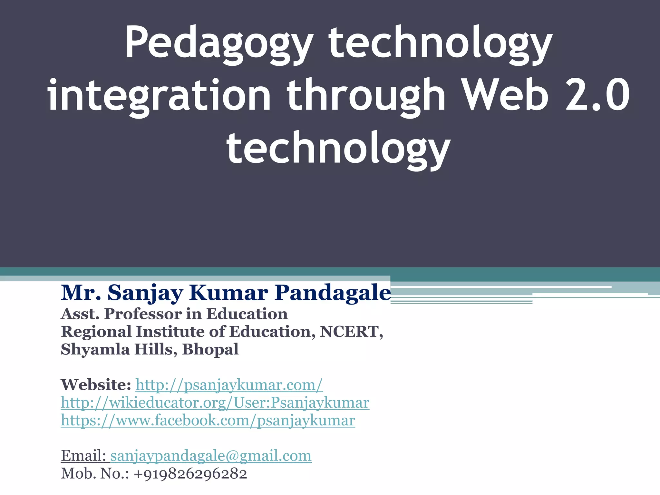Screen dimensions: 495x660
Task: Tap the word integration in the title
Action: (159, 96)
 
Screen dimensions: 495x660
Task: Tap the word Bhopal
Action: (210, 349)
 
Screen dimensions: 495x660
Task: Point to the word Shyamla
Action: (95, 349)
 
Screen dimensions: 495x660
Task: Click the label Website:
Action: (96, 385)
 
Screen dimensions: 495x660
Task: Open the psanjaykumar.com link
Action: (229, 385)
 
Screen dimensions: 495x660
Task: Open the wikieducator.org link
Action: (215, 403)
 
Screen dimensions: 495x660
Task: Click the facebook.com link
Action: (208, 420)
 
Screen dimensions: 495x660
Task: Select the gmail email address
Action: (211, 456)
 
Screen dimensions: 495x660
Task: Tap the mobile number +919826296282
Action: (190, 474)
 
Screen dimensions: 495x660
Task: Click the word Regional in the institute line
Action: (96, 332)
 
